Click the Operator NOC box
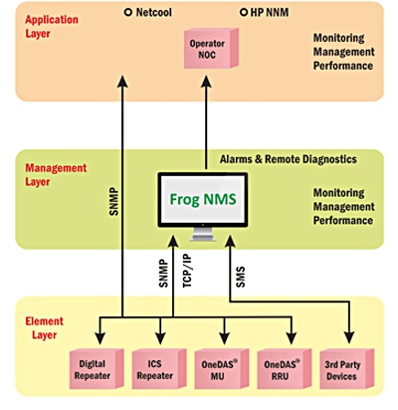click(211, 49)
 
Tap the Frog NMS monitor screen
click(203, 200)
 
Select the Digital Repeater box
click(97, 369)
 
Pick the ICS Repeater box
click(159, 369)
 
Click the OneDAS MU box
click(222, 369)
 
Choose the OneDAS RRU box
click(285, 369)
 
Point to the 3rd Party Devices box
click(347, 369)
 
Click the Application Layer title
click(52, 27)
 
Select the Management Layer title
click(56, 175)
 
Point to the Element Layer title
click(44, 328)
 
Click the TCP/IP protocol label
click(187, 271)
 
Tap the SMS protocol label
click(240, 277)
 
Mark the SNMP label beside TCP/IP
click(163, 274)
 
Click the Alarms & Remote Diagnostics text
click(289, 159)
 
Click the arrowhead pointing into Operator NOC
click(206, 82)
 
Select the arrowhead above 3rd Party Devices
click(349, 337)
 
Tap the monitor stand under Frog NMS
click(203, 234)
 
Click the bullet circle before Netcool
click(128, 13)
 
